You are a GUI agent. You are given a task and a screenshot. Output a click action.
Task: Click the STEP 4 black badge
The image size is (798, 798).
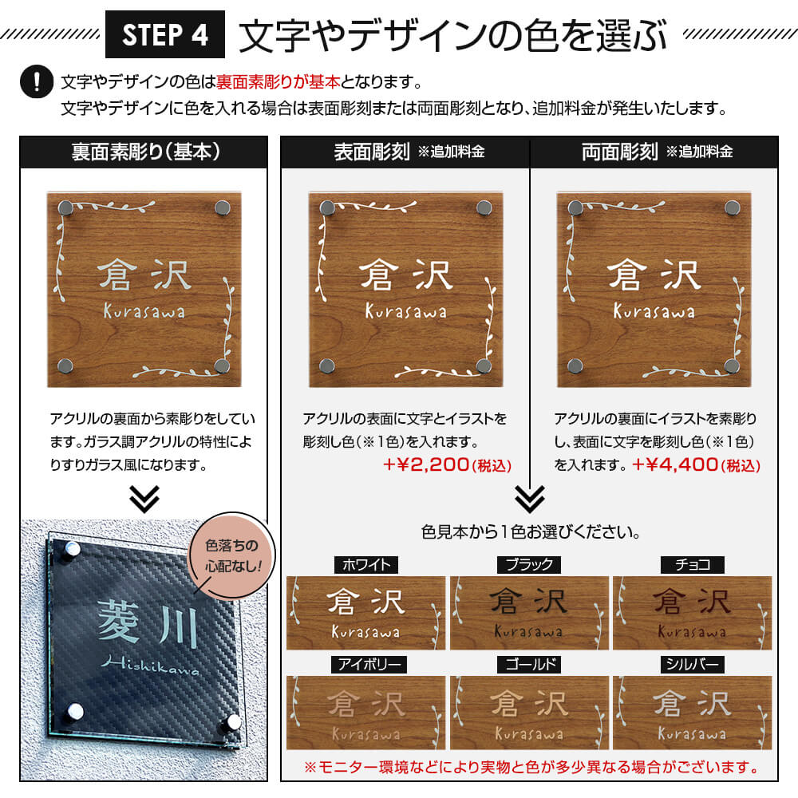[x=165, y=35]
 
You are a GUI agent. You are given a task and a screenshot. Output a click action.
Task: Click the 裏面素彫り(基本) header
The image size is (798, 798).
[x=144, y=152]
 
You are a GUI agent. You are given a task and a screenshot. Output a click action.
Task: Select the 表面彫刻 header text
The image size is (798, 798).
[x=372, y=152]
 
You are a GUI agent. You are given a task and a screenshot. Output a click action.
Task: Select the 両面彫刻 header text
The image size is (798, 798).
[x=620, y=152]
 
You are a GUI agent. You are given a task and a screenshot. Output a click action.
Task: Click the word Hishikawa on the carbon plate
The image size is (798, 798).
[x=150, y=666]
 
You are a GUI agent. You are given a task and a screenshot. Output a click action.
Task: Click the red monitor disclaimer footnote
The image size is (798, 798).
[x=530, y=768]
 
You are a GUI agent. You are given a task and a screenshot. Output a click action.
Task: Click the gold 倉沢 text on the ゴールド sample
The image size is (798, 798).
[x=530, y=704]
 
